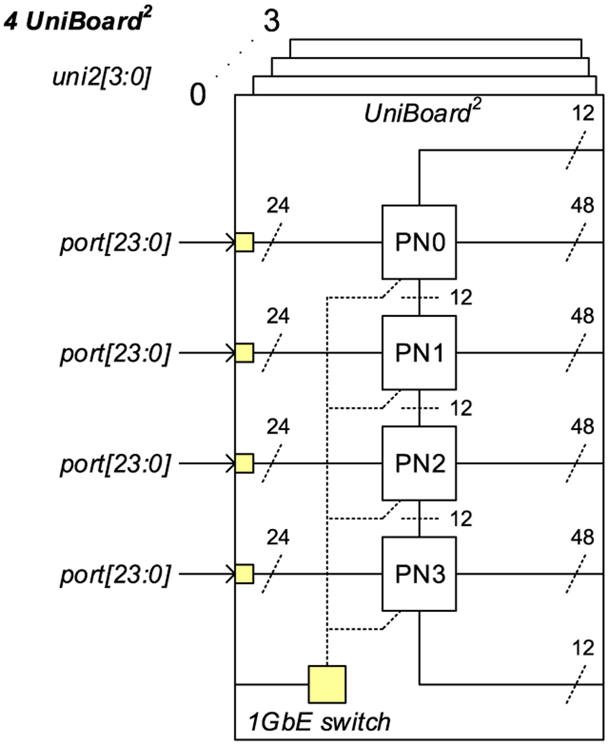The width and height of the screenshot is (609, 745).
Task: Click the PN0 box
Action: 419,242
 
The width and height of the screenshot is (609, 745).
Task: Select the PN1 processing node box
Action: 419,353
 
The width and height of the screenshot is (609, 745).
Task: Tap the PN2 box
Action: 419,463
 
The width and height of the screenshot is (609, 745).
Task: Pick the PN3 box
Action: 419,574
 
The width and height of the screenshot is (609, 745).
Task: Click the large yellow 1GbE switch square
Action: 327,684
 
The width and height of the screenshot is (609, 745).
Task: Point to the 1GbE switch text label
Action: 319,722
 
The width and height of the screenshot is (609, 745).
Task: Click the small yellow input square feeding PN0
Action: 244,242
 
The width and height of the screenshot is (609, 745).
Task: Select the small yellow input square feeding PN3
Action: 244,574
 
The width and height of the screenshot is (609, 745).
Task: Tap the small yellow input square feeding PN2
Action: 244,463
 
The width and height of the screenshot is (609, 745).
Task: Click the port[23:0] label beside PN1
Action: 116,353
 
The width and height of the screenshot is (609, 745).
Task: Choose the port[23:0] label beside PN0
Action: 116,243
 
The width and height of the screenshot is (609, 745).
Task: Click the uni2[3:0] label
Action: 101,77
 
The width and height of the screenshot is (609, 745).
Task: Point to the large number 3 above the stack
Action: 272,21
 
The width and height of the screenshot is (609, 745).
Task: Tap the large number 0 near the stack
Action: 198,94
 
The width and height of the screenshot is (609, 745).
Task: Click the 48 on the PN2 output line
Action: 582,427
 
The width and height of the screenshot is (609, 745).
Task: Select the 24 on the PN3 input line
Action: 278,537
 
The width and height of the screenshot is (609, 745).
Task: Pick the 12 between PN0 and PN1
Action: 461,297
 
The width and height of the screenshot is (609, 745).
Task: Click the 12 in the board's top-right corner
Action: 583,113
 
